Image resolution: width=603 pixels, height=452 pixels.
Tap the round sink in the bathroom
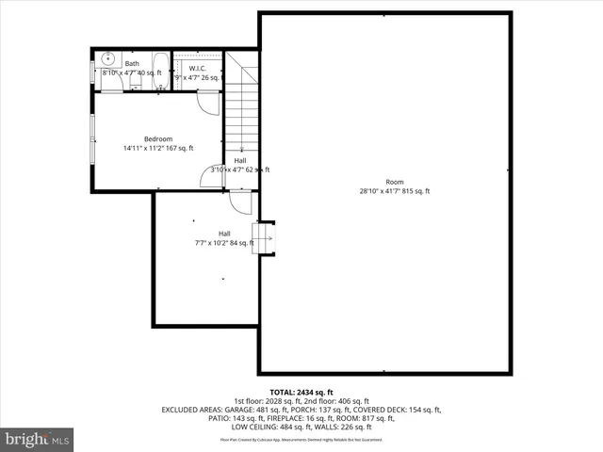pos(107,57)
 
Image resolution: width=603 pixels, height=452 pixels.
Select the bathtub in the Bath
pos(159,71)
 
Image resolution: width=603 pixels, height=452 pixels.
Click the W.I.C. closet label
pos(198,68)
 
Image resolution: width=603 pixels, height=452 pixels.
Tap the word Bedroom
pos(158,138)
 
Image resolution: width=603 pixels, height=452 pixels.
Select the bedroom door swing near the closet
pos(209,104)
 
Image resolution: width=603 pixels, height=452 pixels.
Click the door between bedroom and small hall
pos(209,176)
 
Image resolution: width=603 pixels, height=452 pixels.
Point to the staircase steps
pos(242,113)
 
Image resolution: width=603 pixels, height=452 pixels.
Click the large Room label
pos(394,182)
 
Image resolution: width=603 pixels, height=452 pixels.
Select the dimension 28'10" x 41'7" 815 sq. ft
pos(394,191)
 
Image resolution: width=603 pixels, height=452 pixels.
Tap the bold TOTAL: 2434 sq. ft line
pos(301,392)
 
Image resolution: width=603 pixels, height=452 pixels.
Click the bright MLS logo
pos(38,439)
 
